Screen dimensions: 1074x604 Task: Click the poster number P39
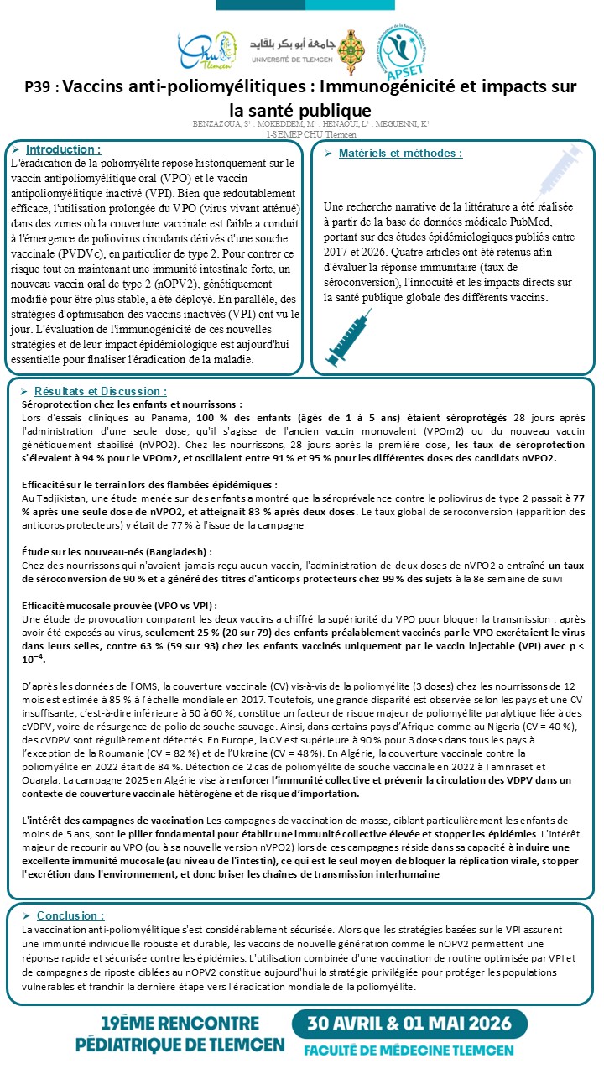tap(40, 87)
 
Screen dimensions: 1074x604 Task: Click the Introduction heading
tap(63, 149)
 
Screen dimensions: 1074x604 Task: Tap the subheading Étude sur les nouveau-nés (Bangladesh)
tap(117, 552)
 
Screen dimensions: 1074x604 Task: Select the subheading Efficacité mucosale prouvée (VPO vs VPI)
tap(119, 606)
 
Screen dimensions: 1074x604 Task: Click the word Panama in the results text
tap(178, 417)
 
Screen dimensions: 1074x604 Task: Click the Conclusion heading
tap(70, 915)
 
